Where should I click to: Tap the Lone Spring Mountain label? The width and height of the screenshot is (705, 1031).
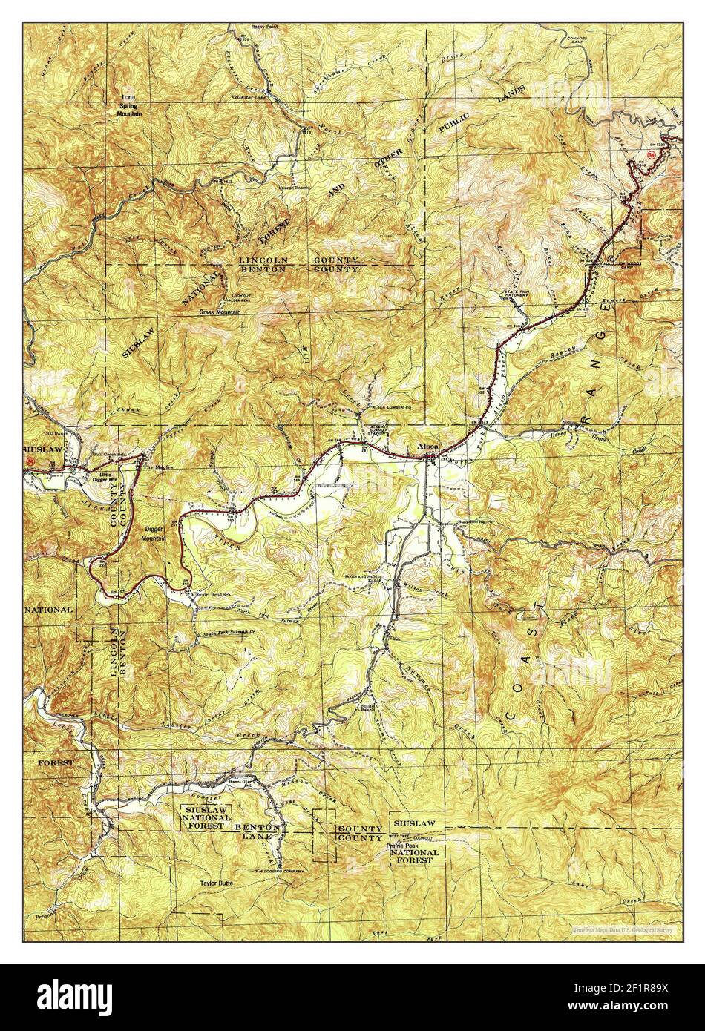click(130, 105)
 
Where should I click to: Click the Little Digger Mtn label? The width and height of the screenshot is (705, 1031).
click(103, 475)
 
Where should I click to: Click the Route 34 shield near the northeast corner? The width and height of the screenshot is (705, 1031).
click(652, 154)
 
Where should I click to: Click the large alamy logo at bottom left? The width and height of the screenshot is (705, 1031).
click(74, 997)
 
